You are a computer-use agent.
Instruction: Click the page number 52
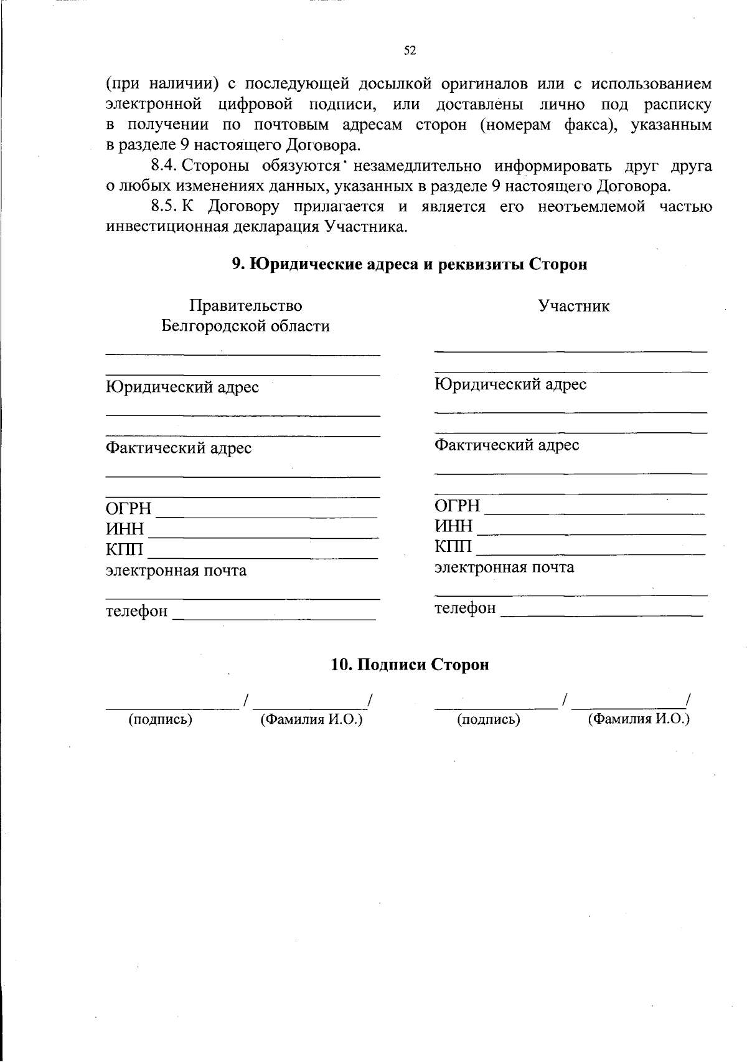pos(410,51)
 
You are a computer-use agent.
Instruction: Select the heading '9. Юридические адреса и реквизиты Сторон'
pos(410,265)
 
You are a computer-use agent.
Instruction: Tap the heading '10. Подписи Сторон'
pos(410,665)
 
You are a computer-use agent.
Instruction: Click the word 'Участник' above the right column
pos(573,306)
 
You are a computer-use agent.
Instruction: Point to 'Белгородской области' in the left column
pos(245,326)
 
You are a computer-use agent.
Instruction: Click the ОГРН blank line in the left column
pos(266,516)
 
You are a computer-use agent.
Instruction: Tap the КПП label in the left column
pos(125,549)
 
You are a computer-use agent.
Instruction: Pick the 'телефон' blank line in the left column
pos(274,619)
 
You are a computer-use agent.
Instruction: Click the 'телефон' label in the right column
pos(465,607)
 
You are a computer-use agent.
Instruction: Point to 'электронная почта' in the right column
pos(504,567)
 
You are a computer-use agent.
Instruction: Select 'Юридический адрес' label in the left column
pos(182,387)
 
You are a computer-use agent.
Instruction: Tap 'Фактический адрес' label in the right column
pos(507,445)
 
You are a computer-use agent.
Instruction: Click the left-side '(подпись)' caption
pos(160,719)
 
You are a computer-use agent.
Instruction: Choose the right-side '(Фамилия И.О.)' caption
pos(639,719)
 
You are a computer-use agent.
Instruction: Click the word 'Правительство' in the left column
pos(245,306)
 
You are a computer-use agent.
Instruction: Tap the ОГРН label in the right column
pos(457,505)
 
